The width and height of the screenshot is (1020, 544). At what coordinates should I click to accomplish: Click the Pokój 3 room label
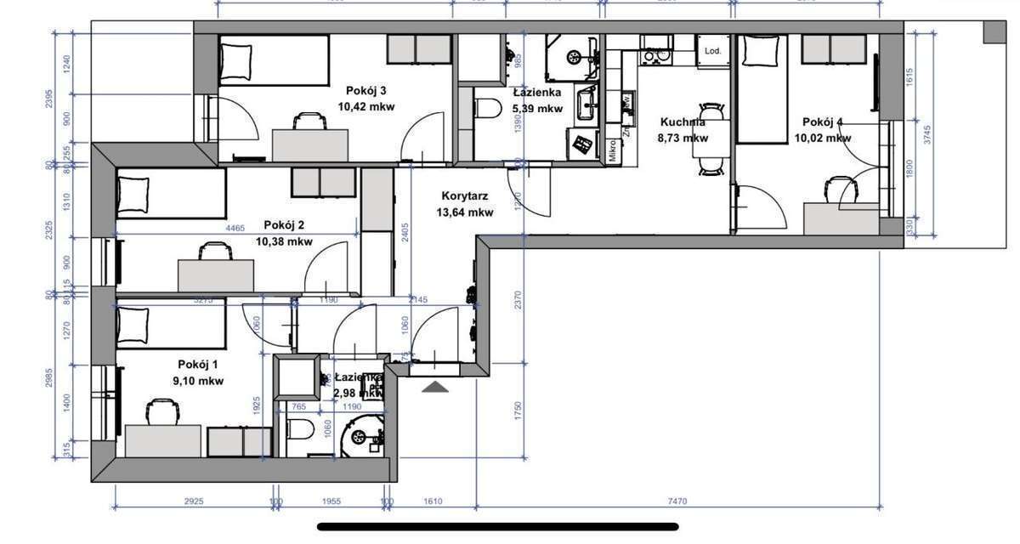(366, 91)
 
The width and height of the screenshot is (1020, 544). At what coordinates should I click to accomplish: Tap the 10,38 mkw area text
(284, 241)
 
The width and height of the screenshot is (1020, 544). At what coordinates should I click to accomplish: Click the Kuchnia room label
(683, 122)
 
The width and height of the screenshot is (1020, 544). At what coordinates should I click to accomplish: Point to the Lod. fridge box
(712, 51)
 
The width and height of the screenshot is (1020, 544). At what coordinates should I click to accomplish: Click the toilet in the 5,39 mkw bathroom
(487, 109)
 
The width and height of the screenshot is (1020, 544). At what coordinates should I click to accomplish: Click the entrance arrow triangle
(436, 388)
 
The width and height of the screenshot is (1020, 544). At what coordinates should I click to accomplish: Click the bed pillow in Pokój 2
(133, 193)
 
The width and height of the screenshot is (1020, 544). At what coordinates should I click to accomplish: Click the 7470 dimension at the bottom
(677, 502)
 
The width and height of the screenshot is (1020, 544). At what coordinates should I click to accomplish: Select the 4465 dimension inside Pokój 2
(235, 228)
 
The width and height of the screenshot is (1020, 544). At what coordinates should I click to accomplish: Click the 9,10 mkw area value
(197, 382)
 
